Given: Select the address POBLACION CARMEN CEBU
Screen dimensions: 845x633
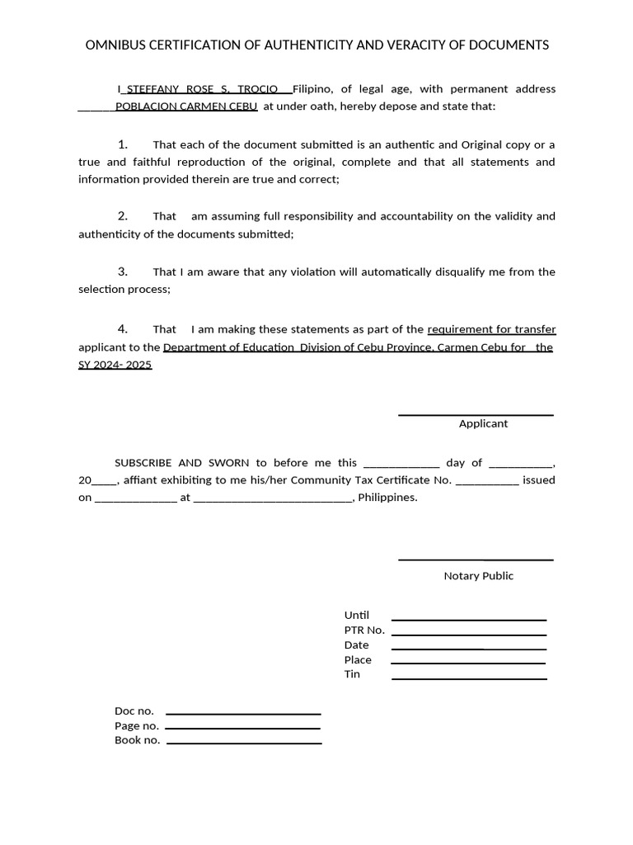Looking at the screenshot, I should pyautogui.click(x=186, y=106).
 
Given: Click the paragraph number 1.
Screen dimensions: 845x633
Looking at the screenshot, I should pyautogui.click(x=123, y=144).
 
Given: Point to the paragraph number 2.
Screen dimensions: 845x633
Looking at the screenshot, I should pyautogui.click(x=123, y=216).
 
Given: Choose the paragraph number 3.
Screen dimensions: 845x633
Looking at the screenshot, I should pyautogui.click(x=123, y=271).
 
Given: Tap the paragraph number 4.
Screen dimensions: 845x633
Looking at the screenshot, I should pyautogui.click(x=123, y=328).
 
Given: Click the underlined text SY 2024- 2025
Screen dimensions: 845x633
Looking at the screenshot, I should pyautogui.click(x=115, y=365).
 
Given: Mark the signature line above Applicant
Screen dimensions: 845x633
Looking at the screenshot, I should pyautogui.click(x=476, y=415).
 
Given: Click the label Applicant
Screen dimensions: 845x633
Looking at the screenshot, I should pyautogui.click(x=483, y=423).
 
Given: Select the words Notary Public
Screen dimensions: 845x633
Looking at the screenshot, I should pyautogui.click(x=478, y=576).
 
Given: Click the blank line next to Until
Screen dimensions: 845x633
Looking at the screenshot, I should pyautogui.click(x=468, y=619).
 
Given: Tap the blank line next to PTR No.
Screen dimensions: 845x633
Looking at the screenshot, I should pyautogui.click(x=468, y=635).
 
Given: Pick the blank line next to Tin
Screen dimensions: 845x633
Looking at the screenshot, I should pyautogui.click(x=468, y=678).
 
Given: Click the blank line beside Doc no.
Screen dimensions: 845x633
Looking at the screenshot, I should pyautogui.click(x=243, y=714).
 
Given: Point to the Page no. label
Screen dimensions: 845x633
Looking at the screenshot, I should pyautogui.click(x=137, y=725).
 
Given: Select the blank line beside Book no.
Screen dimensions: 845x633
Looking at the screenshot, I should pyautogui.click(x=243, y=744).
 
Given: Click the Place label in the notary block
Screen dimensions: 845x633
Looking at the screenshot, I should pyautogui.click(x=358, y=659).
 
